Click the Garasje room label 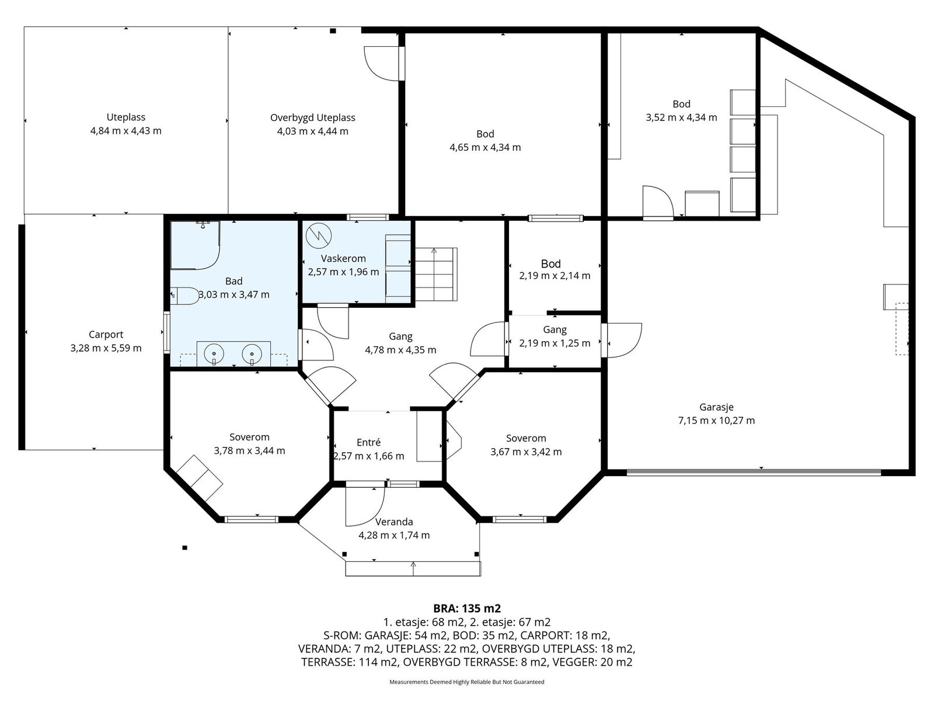716,407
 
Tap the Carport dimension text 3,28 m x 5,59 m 106,348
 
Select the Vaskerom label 343,258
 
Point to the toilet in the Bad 185,296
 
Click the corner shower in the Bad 196,245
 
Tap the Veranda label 394,522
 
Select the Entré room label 368,442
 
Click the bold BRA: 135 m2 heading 467,608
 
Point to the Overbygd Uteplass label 313,117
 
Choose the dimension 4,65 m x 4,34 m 485,147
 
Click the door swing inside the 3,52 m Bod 658,202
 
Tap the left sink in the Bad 214,353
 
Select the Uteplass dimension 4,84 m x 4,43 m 126,131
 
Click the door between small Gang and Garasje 622,340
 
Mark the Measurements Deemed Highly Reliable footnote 467,682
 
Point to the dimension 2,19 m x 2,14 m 555,276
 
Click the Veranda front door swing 365,506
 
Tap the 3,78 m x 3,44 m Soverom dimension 249,451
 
